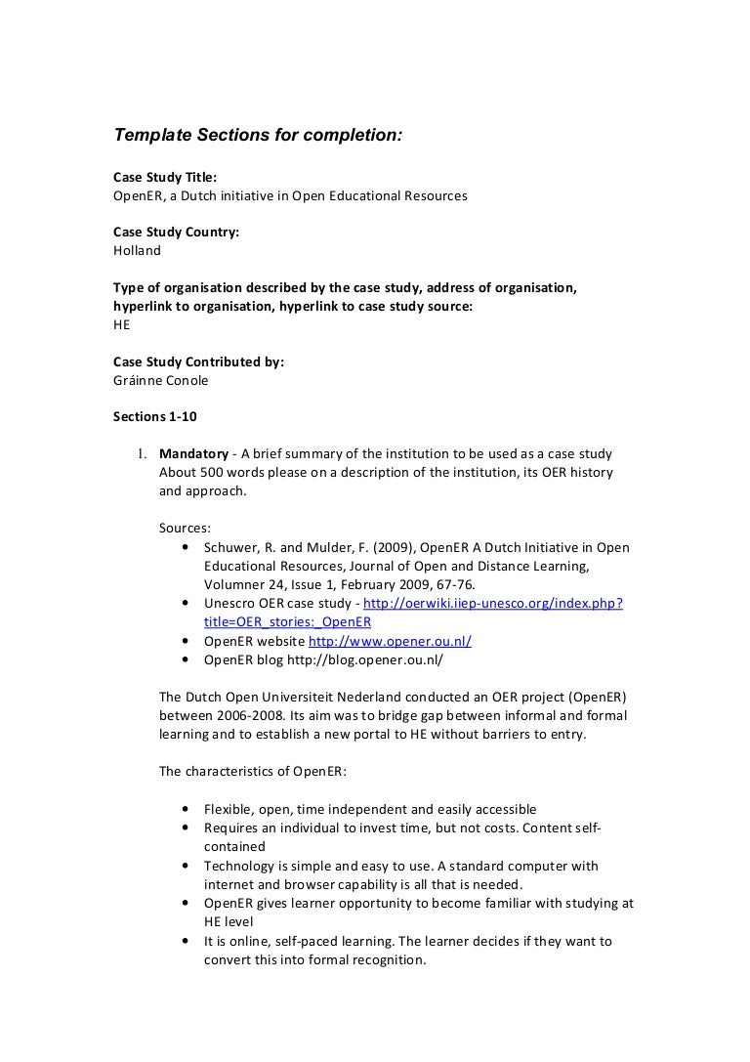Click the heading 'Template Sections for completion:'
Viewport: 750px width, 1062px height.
tap(258, 135)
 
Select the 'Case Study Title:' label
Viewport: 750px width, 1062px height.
tap(165, 177)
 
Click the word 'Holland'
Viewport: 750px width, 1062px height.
tap(138, 250)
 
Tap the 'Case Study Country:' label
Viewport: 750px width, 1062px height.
tap(177, 232)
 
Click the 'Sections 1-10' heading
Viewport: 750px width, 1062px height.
tap(155, 416)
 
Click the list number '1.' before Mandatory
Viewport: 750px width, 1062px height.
tap(141, 454)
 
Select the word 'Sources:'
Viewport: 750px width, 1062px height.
tap(184, 528)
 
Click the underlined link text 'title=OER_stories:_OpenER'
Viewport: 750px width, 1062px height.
tap(287, 621)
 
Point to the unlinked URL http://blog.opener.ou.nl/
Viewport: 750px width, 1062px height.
tap(364, 659)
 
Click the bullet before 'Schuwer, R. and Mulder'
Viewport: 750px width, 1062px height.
tap(186, 547)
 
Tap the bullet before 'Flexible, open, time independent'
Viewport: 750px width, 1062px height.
tap(186, 809)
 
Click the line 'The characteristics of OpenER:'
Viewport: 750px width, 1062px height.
tap(252, 771)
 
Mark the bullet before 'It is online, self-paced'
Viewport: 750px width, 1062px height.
tap(186, 941)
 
